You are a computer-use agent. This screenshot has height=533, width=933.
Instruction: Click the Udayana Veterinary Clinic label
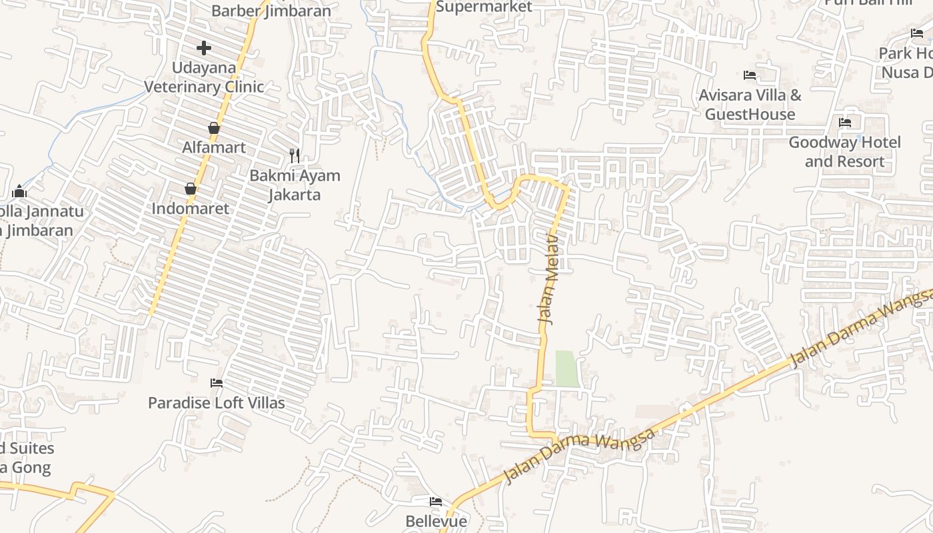204,77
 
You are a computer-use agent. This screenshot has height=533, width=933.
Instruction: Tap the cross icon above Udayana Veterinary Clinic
204,48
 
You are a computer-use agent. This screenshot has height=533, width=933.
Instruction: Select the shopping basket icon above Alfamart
214,128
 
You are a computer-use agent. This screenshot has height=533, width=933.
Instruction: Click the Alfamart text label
214,147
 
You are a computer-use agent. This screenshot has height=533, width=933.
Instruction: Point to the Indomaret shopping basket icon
191,189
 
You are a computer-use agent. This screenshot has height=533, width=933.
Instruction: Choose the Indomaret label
190,209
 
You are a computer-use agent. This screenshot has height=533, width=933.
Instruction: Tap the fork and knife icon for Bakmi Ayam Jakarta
295,156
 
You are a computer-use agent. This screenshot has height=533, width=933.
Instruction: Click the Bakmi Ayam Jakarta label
295,185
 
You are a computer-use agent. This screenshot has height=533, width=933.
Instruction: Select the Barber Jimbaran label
271,11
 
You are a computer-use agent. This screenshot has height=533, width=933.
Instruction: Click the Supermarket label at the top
484,7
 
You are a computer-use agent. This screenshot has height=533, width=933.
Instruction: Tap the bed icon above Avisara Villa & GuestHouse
750,75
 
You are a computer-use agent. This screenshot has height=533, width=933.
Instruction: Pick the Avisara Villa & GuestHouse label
750,105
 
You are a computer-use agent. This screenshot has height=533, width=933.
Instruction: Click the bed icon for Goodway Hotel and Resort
845,123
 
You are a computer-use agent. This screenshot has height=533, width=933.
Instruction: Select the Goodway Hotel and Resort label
844,152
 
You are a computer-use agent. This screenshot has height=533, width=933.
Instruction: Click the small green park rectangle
567,368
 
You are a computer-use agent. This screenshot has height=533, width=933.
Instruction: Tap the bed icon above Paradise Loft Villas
217,383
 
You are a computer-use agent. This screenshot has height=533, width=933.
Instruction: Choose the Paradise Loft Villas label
216,403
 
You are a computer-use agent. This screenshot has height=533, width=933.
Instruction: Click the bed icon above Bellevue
436,502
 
